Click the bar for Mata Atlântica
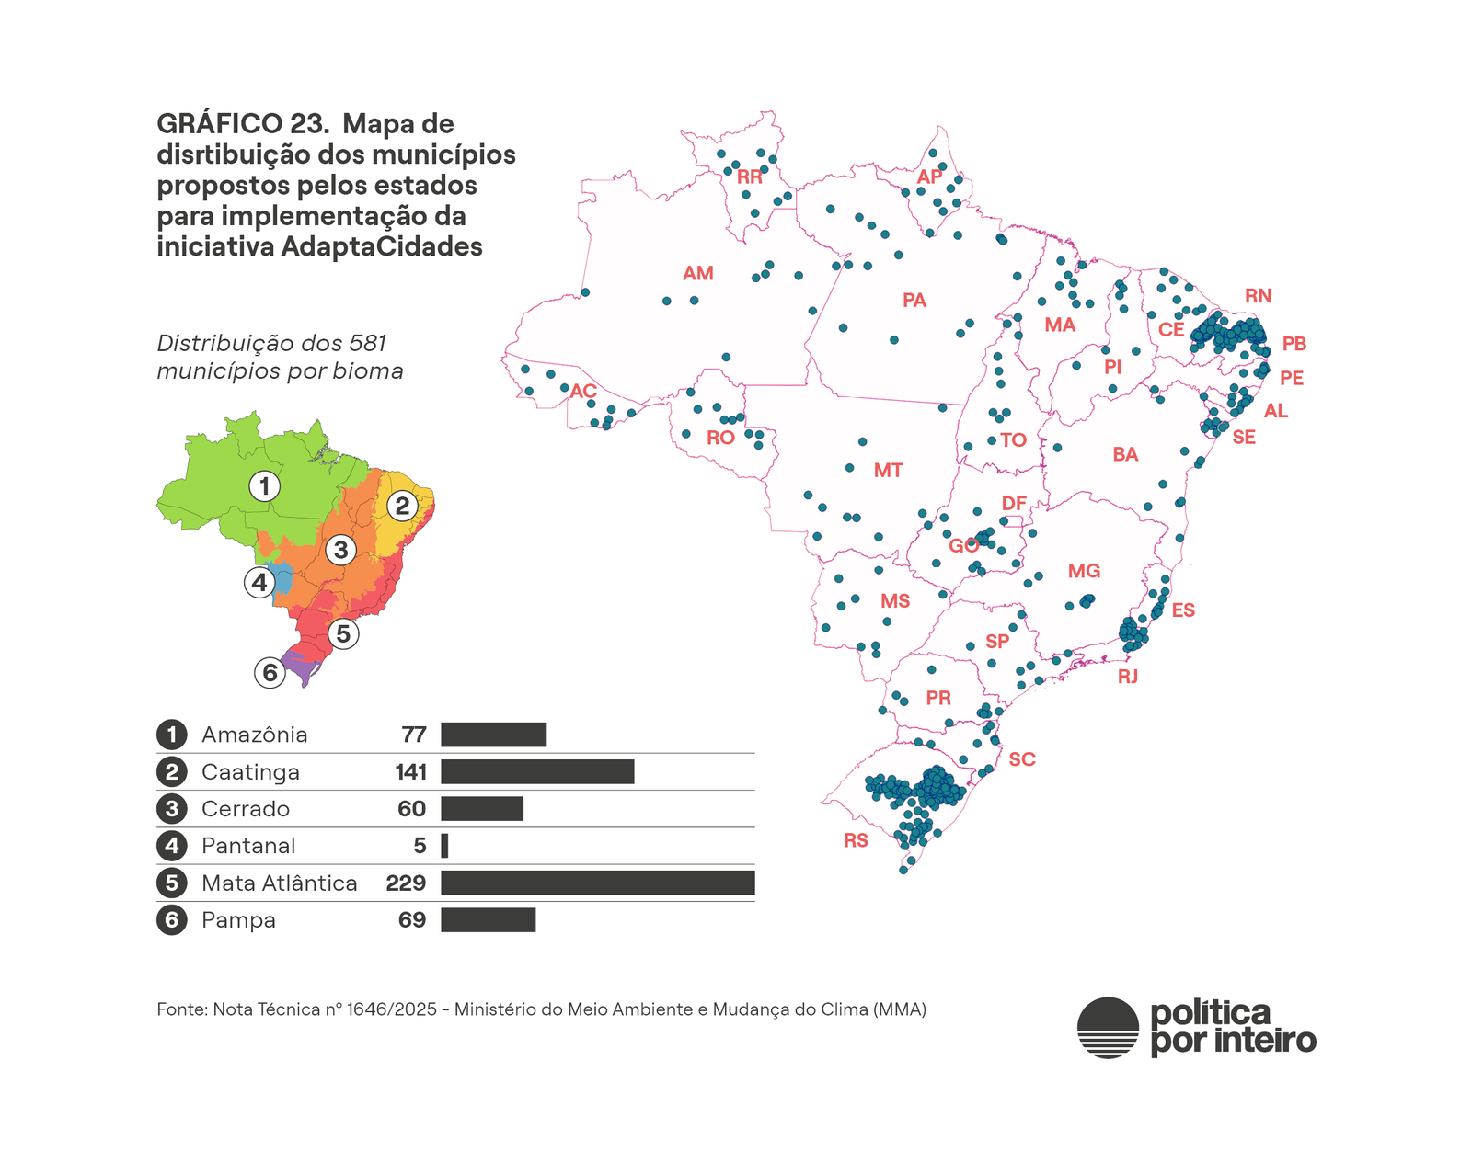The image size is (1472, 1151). click(x=597, y=883)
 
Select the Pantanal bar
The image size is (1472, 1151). click(x=444, y=846)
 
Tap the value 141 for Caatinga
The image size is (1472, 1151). click(x=410, y=772)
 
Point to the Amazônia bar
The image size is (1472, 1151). click(x=493, y=735)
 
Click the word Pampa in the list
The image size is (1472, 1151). click(x=238, y=920)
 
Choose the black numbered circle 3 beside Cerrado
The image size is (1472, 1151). click(x=171, y=809)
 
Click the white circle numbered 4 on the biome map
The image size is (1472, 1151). click(x=259, y=582)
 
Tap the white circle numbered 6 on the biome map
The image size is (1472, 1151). click(x=270, y=673)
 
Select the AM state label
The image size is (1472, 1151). click(x=697, y=273)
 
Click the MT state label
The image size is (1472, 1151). click(x=888, y=471)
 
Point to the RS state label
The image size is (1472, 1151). click(x=856, y=840)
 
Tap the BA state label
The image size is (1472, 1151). click(x=1125, y=454)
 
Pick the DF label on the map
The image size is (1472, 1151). click(x=1014, y=503)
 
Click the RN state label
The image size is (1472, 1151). click(x=1258, y=296)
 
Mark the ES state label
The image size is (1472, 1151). click(x=1183, y=610)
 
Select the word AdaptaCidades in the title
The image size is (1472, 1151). click(x=382, y=246)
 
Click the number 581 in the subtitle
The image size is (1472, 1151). click(x=368, y=343)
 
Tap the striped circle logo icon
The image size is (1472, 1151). click(x=1108, y=1027)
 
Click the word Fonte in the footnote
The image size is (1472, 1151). click(x=181, y=1009)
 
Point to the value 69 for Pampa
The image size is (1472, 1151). click(x=412, y=920)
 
